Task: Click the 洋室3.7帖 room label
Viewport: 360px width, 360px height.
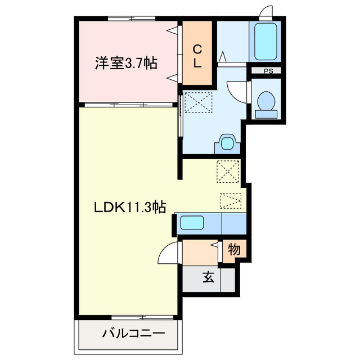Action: pos(125,64)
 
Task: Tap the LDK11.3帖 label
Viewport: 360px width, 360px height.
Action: pos(129,207)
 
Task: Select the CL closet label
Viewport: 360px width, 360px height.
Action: pos(197,56)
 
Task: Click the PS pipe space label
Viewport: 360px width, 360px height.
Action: pos(268,71)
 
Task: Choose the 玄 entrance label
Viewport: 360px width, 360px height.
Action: pos(208,277)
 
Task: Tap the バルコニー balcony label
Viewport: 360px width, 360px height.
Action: pos(133,334)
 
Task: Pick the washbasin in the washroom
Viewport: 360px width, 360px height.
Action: pos(226,143)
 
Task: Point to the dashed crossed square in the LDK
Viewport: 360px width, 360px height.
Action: pos(228,171)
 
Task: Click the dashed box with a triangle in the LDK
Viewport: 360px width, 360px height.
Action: pos(231,200)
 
